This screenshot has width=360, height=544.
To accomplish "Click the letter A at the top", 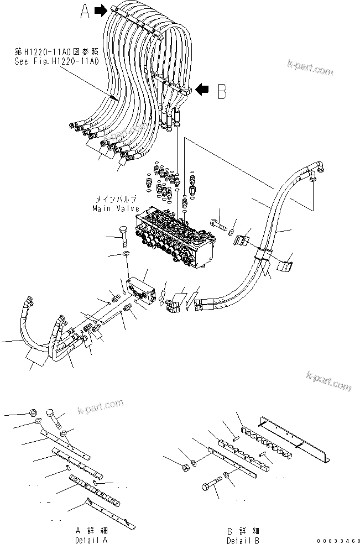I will coord(85,12).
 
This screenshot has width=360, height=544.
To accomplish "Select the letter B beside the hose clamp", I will coord(221,92).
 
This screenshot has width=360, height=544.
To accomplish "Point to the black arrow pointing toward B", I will coord(203,88).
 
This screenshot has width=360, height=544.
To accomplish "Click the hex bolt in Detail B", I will coord(209,485).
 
